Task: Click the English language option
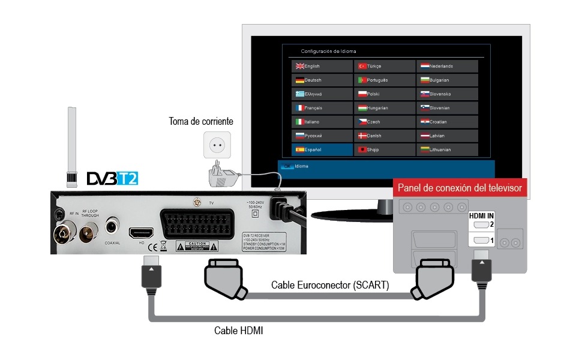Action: pos(322,66)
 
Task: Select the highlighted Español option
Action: pos(322,150)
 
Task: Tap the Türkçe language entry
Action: pos(384,66)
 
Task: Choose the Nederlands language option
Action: pos(448,66)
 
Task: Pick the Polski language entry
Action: pos(384,94)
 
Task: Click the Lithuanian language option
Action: pos(448,150)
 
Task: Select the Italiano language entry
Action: pos(322,122)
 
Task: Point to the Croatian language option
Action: pos(448,122)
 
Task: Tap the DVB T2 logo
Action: pos(112,178)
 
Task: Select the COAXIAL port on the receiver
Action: pos(112,227)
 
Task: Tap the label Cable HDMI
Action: pos(238,331)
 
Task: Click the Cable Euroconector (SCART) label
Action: pos(329,285)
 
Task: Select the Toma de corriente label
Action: pos(200,122)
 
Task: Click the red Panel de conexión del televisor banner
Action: pos(460,188)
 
